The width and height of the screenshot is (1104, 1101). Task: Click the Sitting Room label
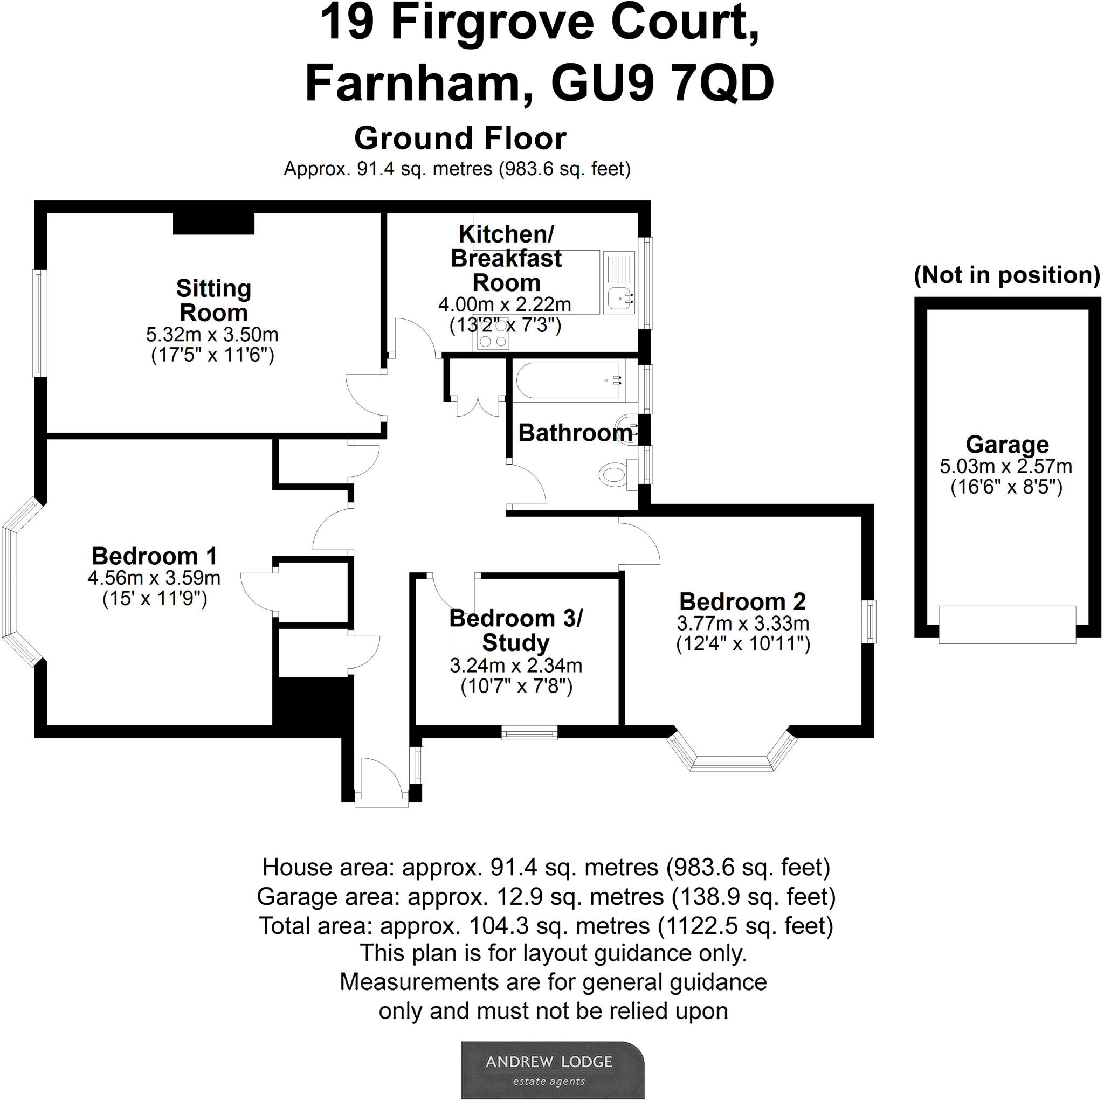tap(213, 301)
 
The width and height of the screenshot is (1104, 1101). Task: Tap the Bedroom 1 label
tap(154, 556)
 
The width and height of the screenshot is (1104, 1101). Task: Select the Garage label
tap(1007, 445)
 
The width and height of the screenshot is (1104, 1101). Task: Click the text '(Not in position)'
tap(1006, 275)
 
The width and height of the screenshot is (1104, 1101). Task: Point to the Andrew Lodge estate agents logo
tap(552, 1070)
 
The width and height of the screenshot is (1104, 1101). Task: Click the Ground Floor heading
tap(460, 139)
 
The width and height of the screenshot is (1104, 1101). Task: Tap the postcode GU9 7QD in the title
tap(663, 84)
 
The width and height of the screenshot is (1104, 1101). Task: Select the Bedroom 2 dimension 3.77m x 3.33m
tap(742, 624)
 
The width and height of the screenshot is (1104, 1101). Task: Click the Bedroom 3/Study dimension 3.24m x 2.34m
tap(515, 665)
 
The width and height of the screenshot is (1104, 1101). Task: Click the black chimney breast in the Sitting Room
tap(213, 224)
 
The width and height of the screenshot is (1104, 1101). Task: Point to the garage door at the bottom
tap(1007, 625)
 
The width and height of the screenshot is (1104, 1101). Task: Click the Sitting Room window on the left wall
tap(39, 323)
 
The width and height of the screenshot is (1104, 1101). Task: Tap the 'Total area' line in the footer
tap(546, 926)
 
